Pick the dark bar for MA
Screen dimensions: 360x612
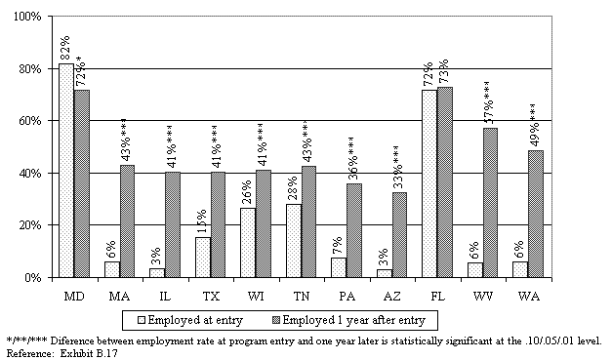[127, 221]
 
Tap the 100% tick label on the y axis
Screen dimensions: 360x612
[27, 18]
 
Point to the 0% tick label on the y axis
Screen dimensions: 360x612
[32, 277]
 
